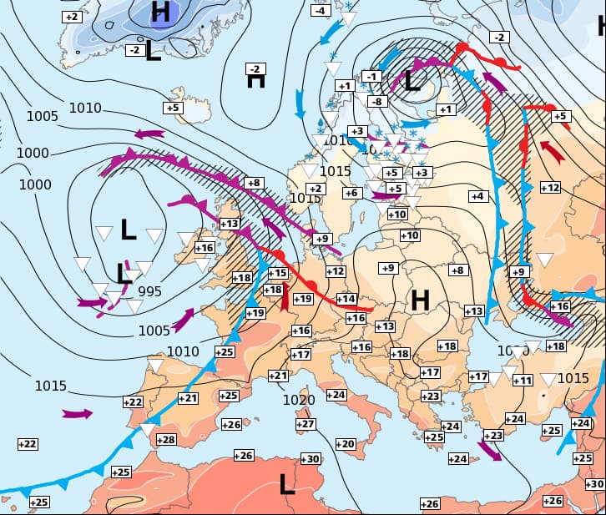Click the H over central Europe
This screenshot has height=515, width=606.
tap(420, 299)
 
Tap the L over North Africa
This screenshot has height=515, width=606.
tap(287, 484)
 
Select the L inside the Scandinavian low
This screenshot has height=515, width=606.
tap(412, 81)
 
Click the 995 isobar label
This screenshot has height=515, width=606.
tap(149, 291)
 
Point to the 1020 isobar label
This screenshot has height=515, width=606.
tap(298, 401)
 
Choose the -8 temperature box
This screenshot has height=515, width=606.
tap(378, 102)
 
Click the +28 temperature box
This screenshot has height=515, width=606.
tap(166, 440)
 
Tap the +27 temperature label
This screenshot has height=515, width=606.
tap(306, 425)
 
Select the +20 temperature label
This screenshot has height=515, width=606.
tap(345, 444)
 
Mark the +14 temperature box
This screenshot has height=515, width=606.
tap(346, 299)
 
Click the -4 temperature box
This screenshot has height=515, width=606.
tap(320, 11)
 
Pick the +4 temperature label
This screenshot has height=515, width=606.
tap(477, 196)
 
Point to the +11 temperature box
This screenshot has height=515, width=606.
tap(523, 381)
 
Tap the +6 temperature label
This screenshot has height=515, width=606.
tap(351, 193)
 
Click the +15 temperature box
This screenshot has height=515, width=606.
tap(278, 273)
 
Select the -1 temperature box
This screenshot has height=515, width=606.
tap(372, 77)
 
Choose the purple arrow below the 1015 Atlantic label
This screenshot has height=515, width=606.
tap(76, 413)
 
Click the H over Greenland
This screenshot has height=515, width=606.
tap(160, 12)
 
